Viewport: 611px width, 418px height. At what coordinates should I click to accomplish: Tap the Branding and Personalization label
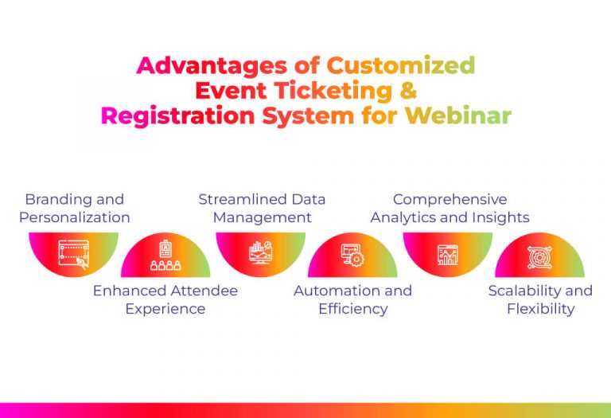[x=75, y=208]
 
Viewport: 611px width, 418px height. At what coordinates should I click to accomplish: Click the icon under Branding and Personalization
[x=73, y=254]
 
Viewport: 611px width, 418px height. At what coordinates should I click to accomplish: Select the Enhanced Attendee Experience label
[x=165, y=299]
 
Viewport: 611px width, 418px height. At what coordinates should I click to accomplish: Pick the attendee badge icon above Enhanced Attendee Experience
[x=165, y=256]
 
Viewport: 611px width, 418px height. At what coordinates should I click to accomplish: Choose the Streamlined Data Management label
[x=262, y=208]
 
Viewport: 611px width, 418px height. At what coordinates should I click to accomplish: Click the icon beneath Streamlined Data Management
[x=261, y=253]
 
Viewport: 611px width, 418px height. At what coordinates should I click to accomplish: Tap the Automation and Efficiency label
[x=352, y=299]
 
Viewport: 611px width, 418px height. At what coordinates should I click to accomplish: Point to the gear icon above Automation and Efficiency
[x=352, y=256]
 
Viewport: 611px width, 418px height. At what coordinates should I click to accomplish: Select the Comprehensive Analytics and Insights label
[x=449, y=208]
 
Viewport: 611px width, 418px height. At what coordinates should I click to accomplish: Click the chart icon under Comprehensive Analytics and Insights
[x=449, y=254]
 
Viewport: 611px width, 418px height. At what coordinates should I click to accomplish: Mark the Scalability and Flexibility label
[x=540, y=299]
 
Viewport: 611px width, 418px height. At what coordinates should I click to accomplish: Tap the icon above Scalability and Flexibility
[x=539, y=257]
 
